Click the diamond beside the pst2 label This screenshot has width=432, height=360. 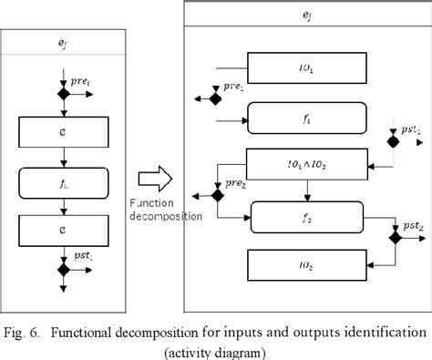(x=395, y=235)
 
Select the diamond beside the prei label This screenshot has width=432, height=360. (x=65, y=94)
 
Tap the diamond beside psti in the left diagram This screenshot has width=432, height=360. (x=65, y=271)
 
